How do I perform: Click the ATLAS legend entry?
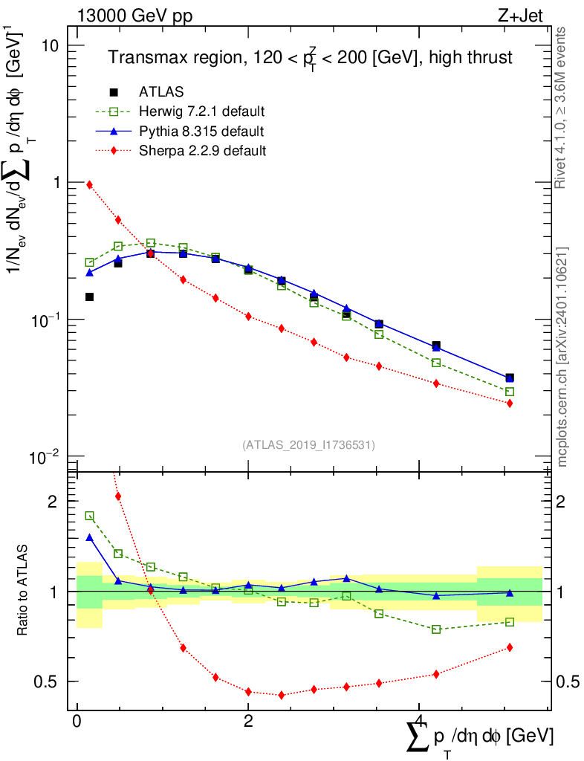[x=161, y=92]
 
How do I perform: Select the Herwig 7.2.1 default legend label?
[x=202, y=112]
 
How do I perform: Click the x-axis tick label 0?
[x=77, y=722]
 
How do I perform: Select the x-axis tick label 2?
[x=248, y=722]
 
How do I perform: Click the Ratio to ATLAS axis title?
[x=23, y=591]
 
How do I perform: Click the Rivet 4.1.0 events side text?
[x=562, y=108]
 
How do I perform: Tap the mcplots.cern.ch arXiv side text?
[x=562, y=357]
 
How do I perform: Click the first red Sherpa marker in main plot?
[x=90, y=184]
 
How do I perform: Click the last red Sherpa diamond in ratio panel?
[x=510, y=647]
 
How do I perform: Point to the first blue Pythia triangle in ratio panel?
[x=90, y=537]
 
